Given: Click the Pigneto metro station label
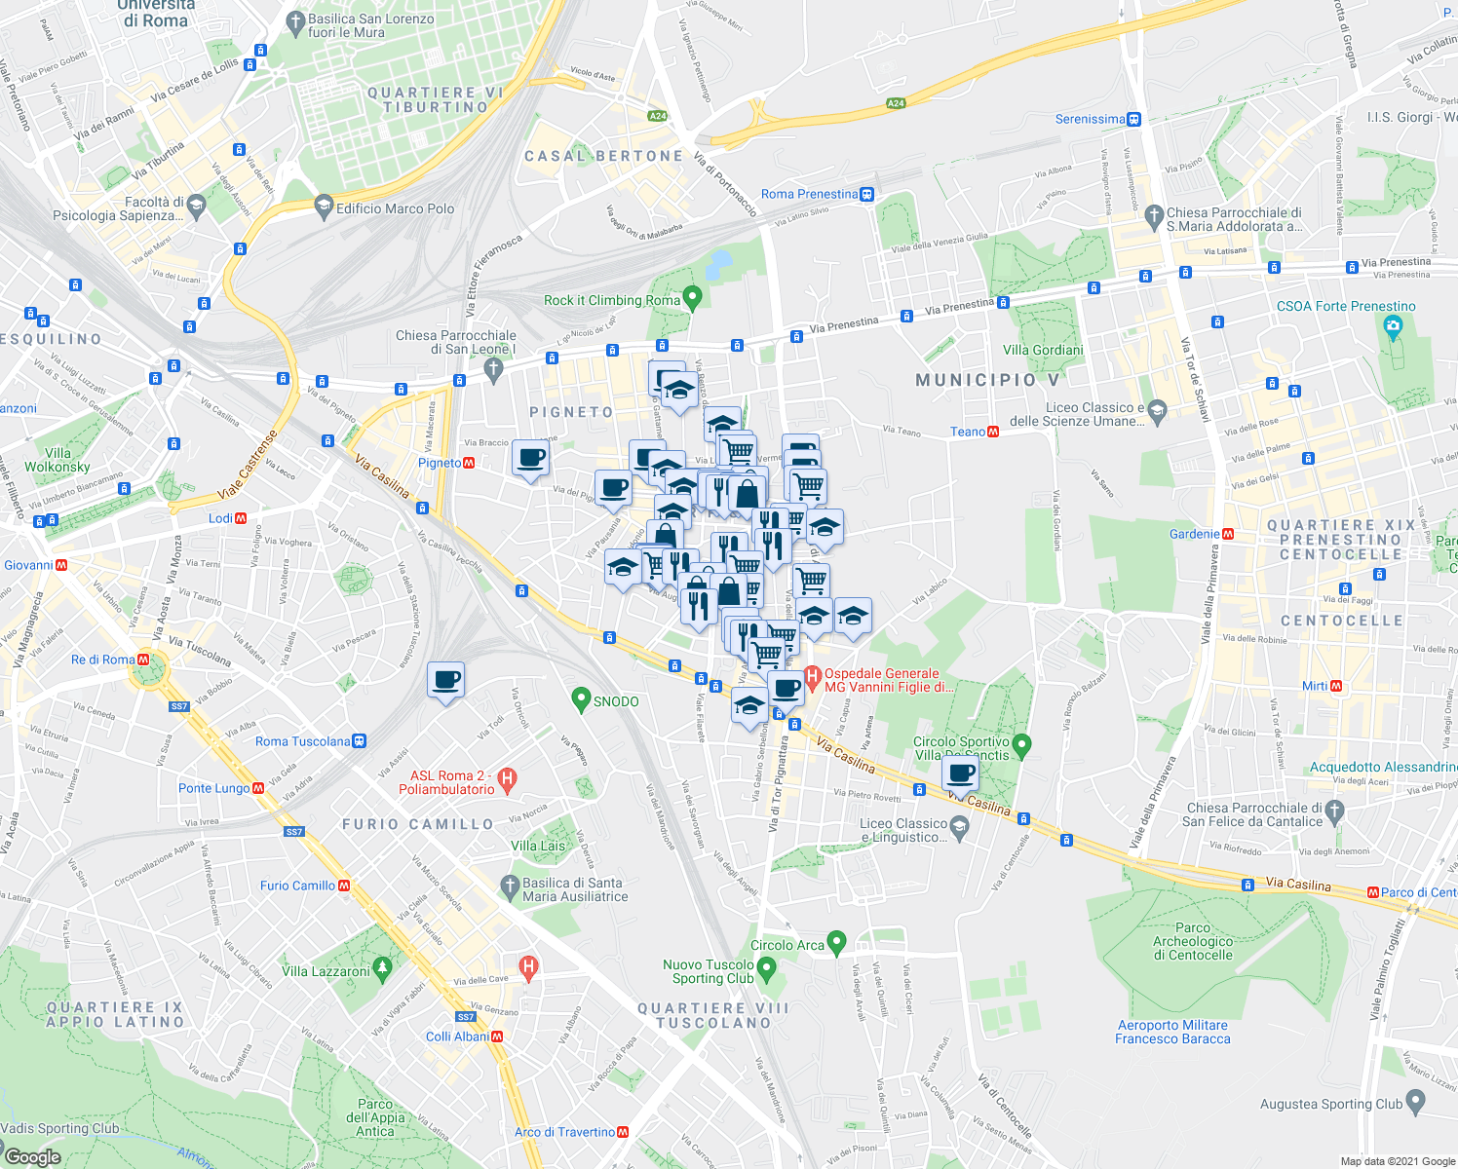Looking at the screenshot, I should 439,463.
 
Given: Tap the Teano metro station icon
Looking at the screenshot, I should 993,432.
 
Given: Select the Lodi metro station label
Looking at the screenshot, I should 220,518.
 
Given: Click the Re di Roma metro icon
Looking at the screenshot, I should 144,660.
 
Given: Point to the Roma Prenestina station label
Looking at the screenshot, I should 810,194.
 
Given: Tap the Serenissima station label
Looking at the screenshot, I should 1090,119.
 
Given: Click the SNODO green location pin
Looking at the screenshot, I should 582,698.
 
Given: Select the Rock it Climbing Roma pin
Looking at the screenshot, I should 693,297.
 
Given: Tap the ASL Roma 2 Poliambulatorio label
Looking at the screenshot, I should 446,782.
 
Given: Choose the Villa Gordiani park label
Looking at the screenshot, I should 1043,350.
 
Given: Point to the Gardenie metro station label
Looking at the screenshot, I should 1194,534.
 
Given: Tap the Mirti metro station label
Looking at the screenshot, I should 1315,686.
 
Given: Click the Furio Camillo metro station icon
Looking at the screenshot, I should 344,886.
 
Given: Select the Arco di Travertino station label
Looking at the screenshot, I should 564,1132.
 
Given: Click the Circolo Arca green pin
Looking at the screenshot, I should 836,943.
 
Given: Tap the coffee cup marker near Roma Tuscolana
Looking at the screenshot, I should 445,680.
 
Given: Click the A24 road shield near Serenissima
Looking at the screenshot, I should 896,103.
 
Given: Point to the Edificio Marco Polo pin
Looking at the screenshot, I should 324,207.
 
